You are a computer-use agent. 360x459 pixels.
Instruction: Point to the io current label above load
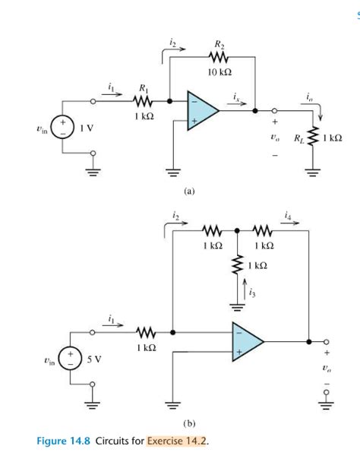pos(309,97)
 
